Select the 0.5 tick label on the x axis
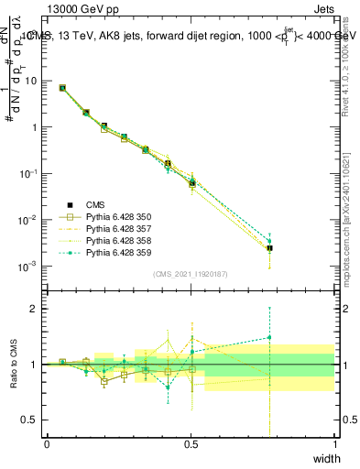[x=191, y=443]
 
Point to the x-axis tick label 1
[x=334, y=443]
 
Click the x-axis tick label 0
[x=47, y=443]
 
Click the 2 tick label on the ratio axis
[x=37, y=309]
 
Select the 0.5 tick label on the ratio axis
[x=32, y=420]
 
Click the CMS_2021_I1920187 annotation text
[x=191, y=273]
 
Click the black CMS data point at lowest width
[x=62, y=88]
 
